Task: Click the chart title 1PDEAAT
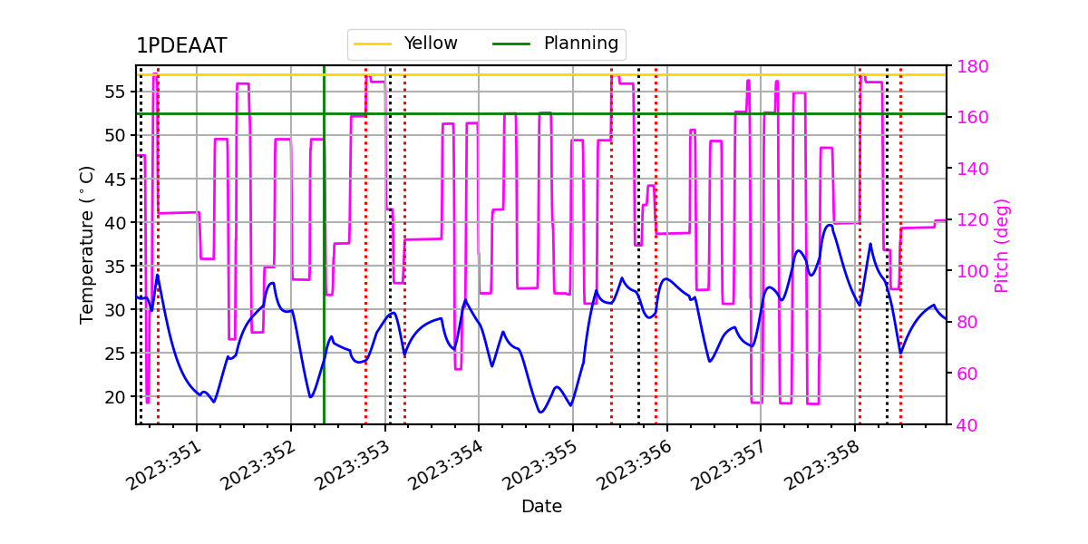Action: [181, 46]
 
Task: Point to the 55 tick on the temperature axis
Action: [116, 92]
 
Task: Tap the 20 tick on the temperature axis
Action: [116, 397]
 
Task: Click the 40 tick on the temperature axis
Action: [116, 222]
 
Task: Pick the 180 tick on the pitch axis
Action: [967, 67]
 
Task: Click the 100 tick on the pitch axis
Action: [967, 271]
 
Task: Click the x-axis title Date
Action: [541, 507]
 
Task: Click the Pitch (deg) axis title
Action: [1002, 245]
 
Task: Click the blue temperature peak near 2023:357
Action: [829, 225]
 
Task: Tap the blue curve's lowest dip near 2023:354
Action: [540, 413]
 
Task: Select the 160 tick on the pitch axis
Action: [967, 118]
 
